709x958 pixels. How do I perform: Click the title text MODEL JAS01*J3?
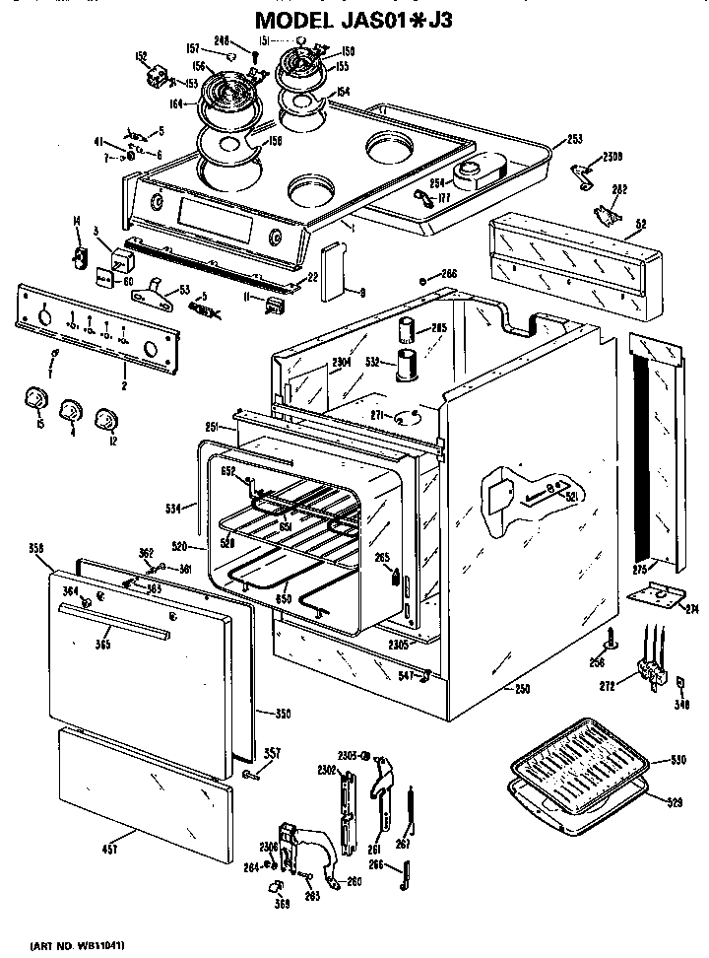354,19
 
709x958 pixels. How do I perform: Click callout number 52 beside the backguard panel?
641,224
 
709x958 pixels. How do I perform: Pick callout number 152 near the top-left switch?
141,56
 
